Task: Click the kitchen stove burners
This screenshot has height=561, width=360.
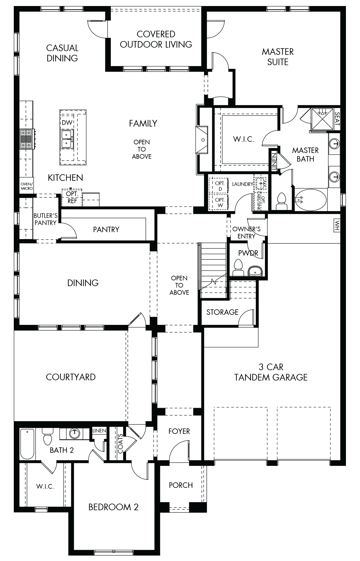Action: pyautogui.click(x=27, y=139)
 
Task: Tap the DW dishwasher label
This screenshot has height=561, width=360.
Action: pyautogui.click(x=67, y=123)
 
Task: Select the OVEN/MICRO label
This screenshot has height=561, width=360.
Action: pyautogui.click(x=27, y=186)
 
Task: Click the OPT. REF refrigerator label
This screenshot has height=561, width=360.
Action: pyautogui.click(x=72, y=197)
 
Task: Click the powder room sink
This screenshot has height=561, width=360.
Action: pyautogui.click(x=255, y=270)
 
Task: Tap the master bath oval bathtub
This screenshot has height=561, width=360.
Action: pyautogui.click(x=311, y=200)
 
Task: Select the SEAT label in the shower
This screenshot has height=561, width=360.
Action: pyautogui.click(x=337, y=119)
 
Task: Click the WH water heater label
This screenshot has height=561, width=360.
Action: pyautogui.click(x=337, y=225)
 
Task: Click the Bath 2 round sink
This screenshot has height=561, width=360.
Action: pyautogui.click(x=75, y=433)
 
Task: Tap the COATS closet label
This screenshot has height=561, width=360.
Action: pyautogui.click(x=120, y=444)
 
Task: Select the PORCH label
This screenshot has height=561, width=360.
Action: pyautogui.click(x=181, y=485)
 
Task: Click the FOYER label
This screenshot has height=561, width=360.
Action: pyautogui.click(x=179, y=431)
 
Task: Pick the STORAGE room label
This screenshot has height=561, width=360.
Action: pyautogui.click(x=222, y=312)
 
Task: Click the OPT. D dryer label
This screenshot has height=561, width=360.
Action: pyautogui.click(x=220, y=186)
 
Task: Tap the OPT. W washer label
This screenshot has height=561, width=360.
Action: pyautogui.click(x=220, y=202)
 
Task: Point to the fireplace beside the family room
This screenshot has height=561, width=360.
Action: pyautogui.click(x=202, y=140)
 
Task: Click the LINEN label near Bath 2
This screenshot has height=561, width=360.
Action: pyautogui.click(x=99, y=431)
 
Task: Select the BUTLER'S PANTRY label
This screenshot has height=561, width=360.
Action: pyautogui.click(x=45, y=219)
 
